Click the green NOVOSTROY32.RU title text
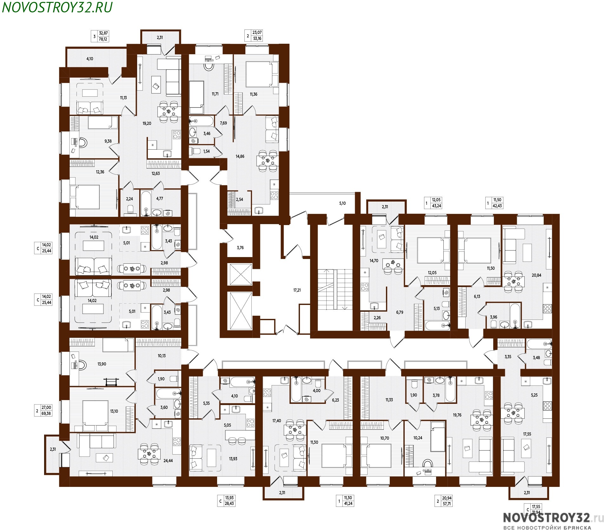click(x=57, y=8)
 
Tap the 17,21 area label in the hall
click(x=297, y=290)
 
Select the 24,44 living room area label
click(x=168, y=461)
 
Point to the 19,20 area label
click(x=147, y=123)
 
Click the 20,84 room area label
click(x=536, y=275)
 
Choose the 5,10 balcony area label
click(x=342, y=203)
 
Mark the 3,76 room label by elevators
click(x=240, y=248)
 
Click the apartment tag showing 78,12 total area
click(x=100, y=36)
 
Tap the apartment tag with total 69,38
click(x=43, y=410)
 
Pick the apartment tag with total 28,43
click(x=226, y=501)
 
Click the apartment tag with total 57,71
click(x=444, y=501)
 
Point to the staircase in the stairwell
click(x=335, y=289)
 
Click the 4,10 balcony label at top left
click(x=90, y=59)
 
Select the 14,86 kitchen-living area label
click(x=240, y=156)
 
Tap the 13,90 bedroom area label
click(x=102, y=364)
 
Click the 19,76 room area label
click(x=457, y=415)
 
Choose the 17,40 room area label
click(x=276, y=421)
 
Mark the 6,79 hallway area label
click(x=400, y=312)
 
